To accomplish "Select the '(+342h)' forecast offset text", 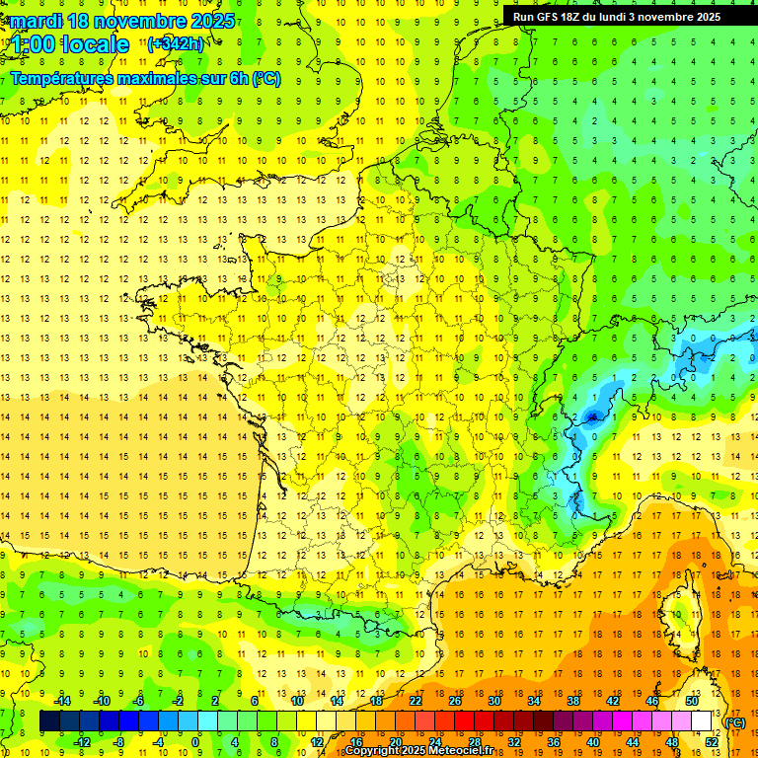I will (176, 44).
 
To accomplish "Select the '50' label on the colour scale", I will (692, 701).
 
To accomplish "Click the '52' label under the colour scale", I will (712, 741).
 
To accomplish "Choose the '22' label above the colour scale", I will (416, 701).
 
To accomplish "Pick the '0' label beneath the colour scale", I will (196, 741).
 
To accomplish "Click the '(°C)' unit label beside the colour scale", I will (735, 722).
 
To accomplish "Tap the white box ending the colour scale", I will (702, 721).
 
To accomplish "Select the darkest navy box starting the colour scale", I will (49, 721).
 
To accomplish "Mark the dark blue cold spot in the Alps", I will (592, 417).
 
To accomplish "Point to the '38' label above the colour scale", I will (573, 701).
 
